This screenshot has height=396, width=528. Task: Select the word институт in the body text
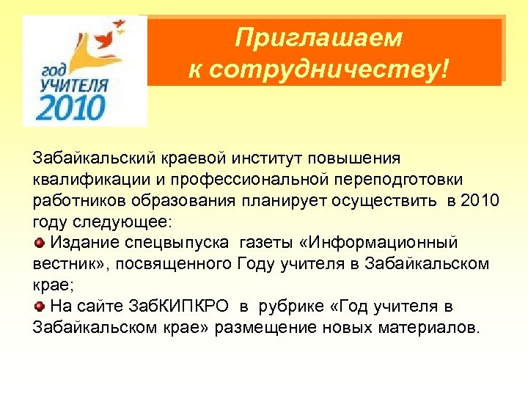click(279, 159)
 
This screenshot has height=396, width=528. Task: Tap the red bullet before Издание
click(38, 243)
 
